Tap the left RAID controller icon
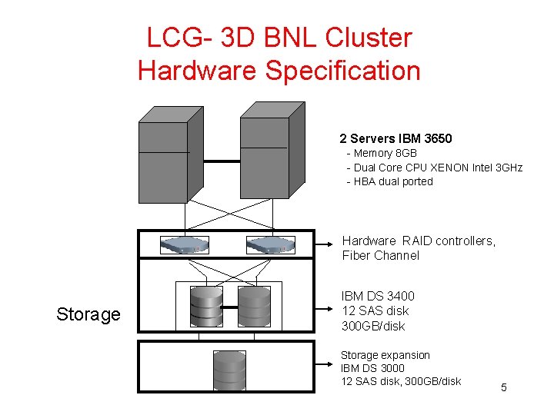(x=185, y=245)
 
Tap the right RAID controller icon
(x=270, y=245)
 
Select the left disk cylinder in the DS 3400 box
(x=206, y=307)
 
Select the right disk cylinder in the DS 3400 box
(x=254, y=307)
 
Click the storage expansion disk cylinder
(x=229, y=370)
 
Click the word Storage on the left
(x=88, y=314)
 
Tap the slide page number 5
(x=504, y=387)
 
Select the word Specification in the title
(x=342, y=71)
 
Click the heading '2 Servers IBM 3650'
(x=395, y=139)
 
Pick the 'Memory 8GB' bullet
(x=385, y=154)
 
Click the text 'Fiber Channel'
(x=381, y=256)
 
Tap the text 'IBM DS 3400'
(x=378, y=296)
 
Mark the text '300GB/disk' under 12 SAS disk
(x=373, y=327)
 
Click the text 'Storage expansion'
(x=385, y=355)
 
